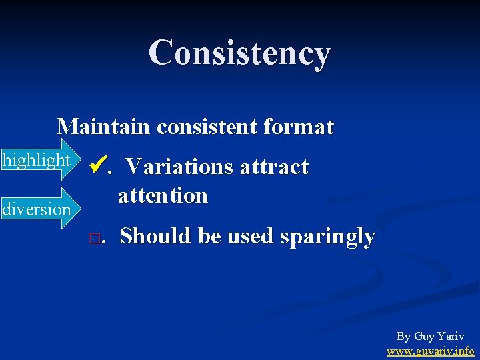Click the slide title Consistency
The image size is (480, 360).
tap(239, 53)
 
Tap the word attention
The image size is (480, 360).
tap(163, 195)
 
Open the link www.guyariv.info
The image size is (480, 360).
tap(430, 350)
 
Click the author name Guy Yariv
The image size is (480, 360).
tap(439, 336)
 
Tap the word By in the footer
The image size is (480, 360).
tap(403, 336)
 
